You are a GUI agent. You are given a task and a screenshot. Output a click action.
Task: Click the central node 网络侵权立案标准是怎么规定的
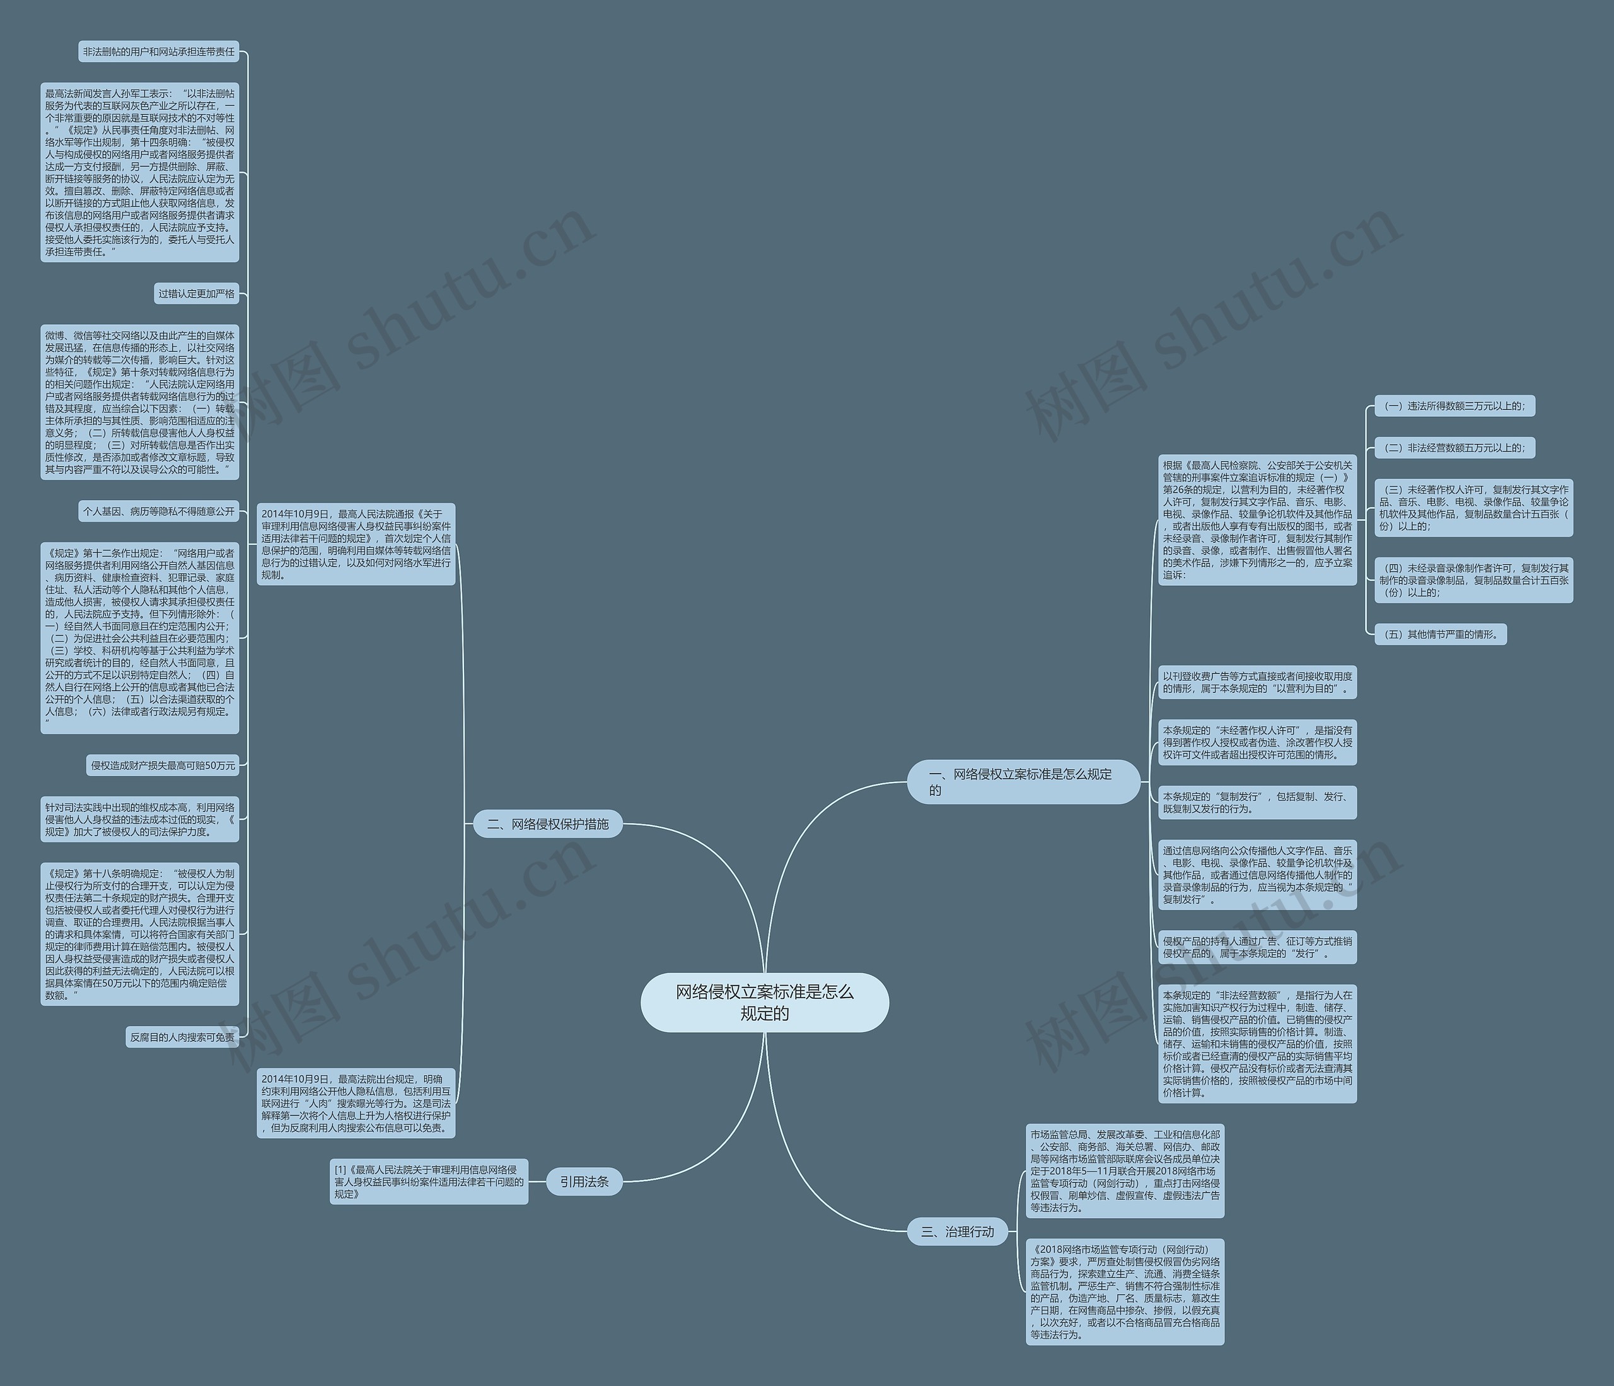point(764,1002)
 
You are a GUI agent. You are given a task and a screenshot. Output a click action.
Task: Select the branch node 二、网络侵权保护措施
point(548,824)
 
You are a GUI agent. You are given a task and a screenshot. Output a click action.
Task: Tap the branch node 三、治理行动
point(957,1232)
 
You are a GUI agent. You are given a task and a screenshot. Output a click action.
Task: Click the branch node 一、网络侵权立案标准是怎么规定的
point(1023,781)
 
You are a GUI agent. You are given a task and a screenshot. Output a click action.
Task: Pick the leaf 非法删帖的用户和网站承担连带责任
point(159,52)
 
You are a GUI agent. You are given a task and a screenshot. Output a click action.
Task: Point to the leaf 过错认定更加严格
point(196,294)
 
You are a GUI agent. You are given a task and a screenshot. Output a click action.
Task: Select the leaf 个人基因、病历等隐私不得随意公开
point(159,511)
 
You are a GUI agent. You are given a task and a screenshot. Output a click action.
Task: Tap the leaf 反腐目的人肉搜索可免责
point(182,1037)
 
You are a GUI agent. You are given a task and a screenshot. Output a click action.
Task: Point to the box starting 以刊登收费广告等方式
point(1257,682)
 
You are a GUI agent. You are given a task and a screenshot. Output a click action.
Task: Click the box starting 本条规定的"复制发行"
point(1257,803)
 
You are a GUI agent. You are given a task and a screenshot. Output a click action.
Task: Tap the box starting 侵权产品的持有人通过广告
point(1257,946)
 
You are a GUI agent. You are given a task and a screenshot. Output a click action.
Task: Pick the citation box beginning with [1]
point(429,1181)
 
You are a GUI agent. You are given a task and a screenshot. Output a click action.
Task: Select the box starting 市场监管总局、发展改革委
point(1125,1170)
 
